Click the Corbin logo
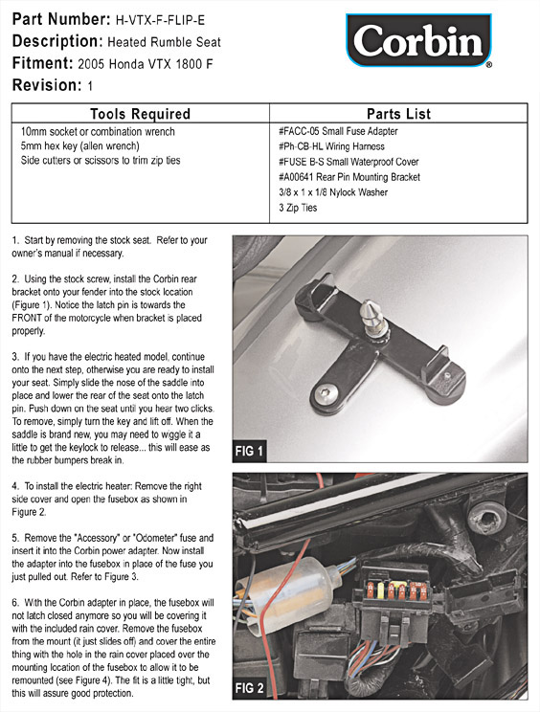click(x=418, y=40)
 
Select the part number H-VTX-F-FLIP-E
click(x=160, y=20)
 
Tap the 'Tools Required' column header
click(x=140, y=114)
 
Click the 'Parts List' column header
click(x=398, y=114)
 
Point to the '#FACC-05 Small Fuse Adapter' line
click(x=338, y=131)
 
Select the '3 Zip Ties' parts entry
click(x=298, y=208)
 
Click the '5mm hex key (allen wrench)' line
click(x=79, y=145)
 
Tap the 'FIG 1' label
click(x=249, y=451)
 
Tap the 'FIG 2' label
click(x=249, y=687)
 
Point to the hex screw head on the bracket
click(x=325, y=393)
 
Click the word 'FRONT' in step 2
click(x=28, y=318)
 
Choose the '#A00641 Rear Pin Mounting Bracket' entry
click(x=349, y=177)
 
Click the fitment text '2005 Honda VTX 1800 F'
click(x=146, y=64)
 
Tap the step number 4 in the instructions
click(x=15, y=486)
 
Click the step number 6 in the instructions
click(x=15, y=603)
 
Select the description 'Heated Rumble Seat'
click(x=164, y=42)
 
